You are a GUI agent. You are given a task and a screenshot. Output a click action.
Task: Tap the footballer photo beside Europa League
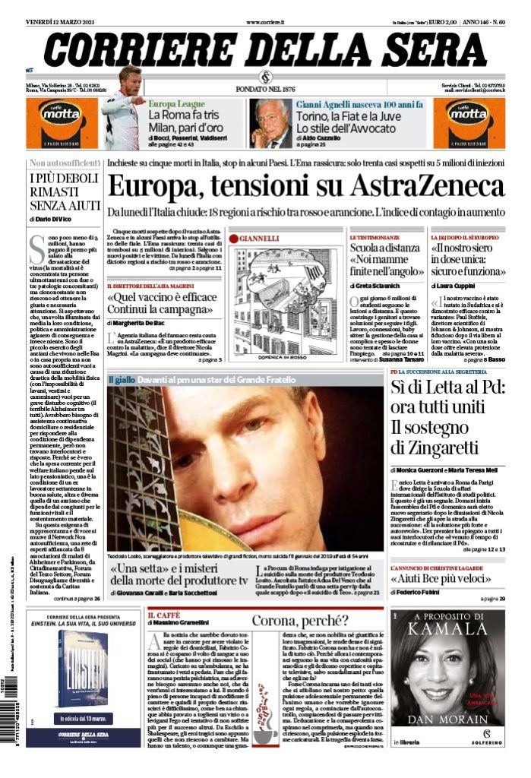tap(123, 106)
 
